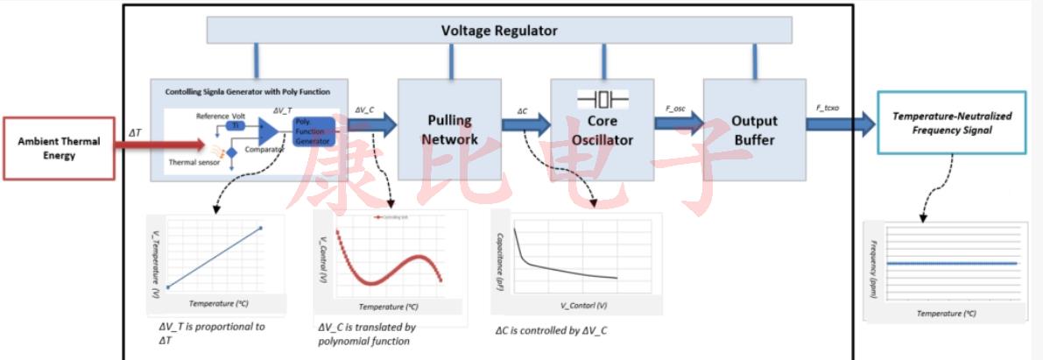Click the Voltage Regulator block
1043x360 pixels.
[x=499, y=31]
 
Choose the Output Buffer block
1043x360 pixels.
[x=754, y=129]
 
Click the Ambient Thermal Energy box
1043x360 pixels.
[x=59, y=148]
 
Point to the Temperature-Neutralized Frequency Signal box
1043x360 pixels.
[x=953, y=123]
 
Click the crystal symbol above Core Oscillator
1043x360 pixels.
[x=603, y=97]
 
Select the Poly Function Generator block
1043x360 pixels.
[x=314, y=131]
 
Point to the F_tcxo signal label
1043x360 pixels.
[x=829, y=108]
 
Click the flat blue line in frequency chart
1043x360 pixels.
[x=951, y=263]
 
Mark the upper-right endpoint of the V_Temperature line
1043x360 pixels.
[x=261, y=229]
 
